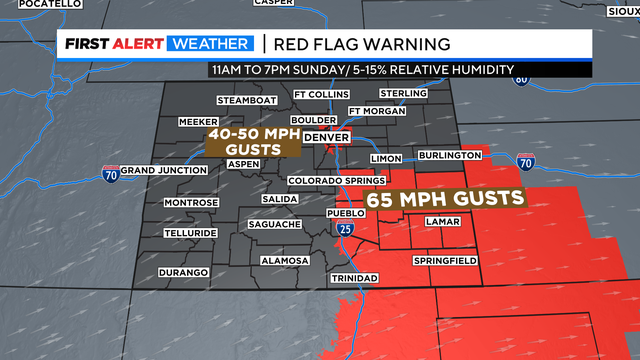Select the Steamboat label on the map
(245, 100)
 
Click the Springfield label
(445, 261)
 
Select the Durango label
(183, 273)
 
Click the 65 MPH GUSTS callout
(446, 198)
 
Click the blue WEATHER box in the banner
(212, 45)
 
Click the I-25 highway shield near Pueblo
(345, 230)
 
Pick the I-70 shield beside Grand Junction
(110, 174)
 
